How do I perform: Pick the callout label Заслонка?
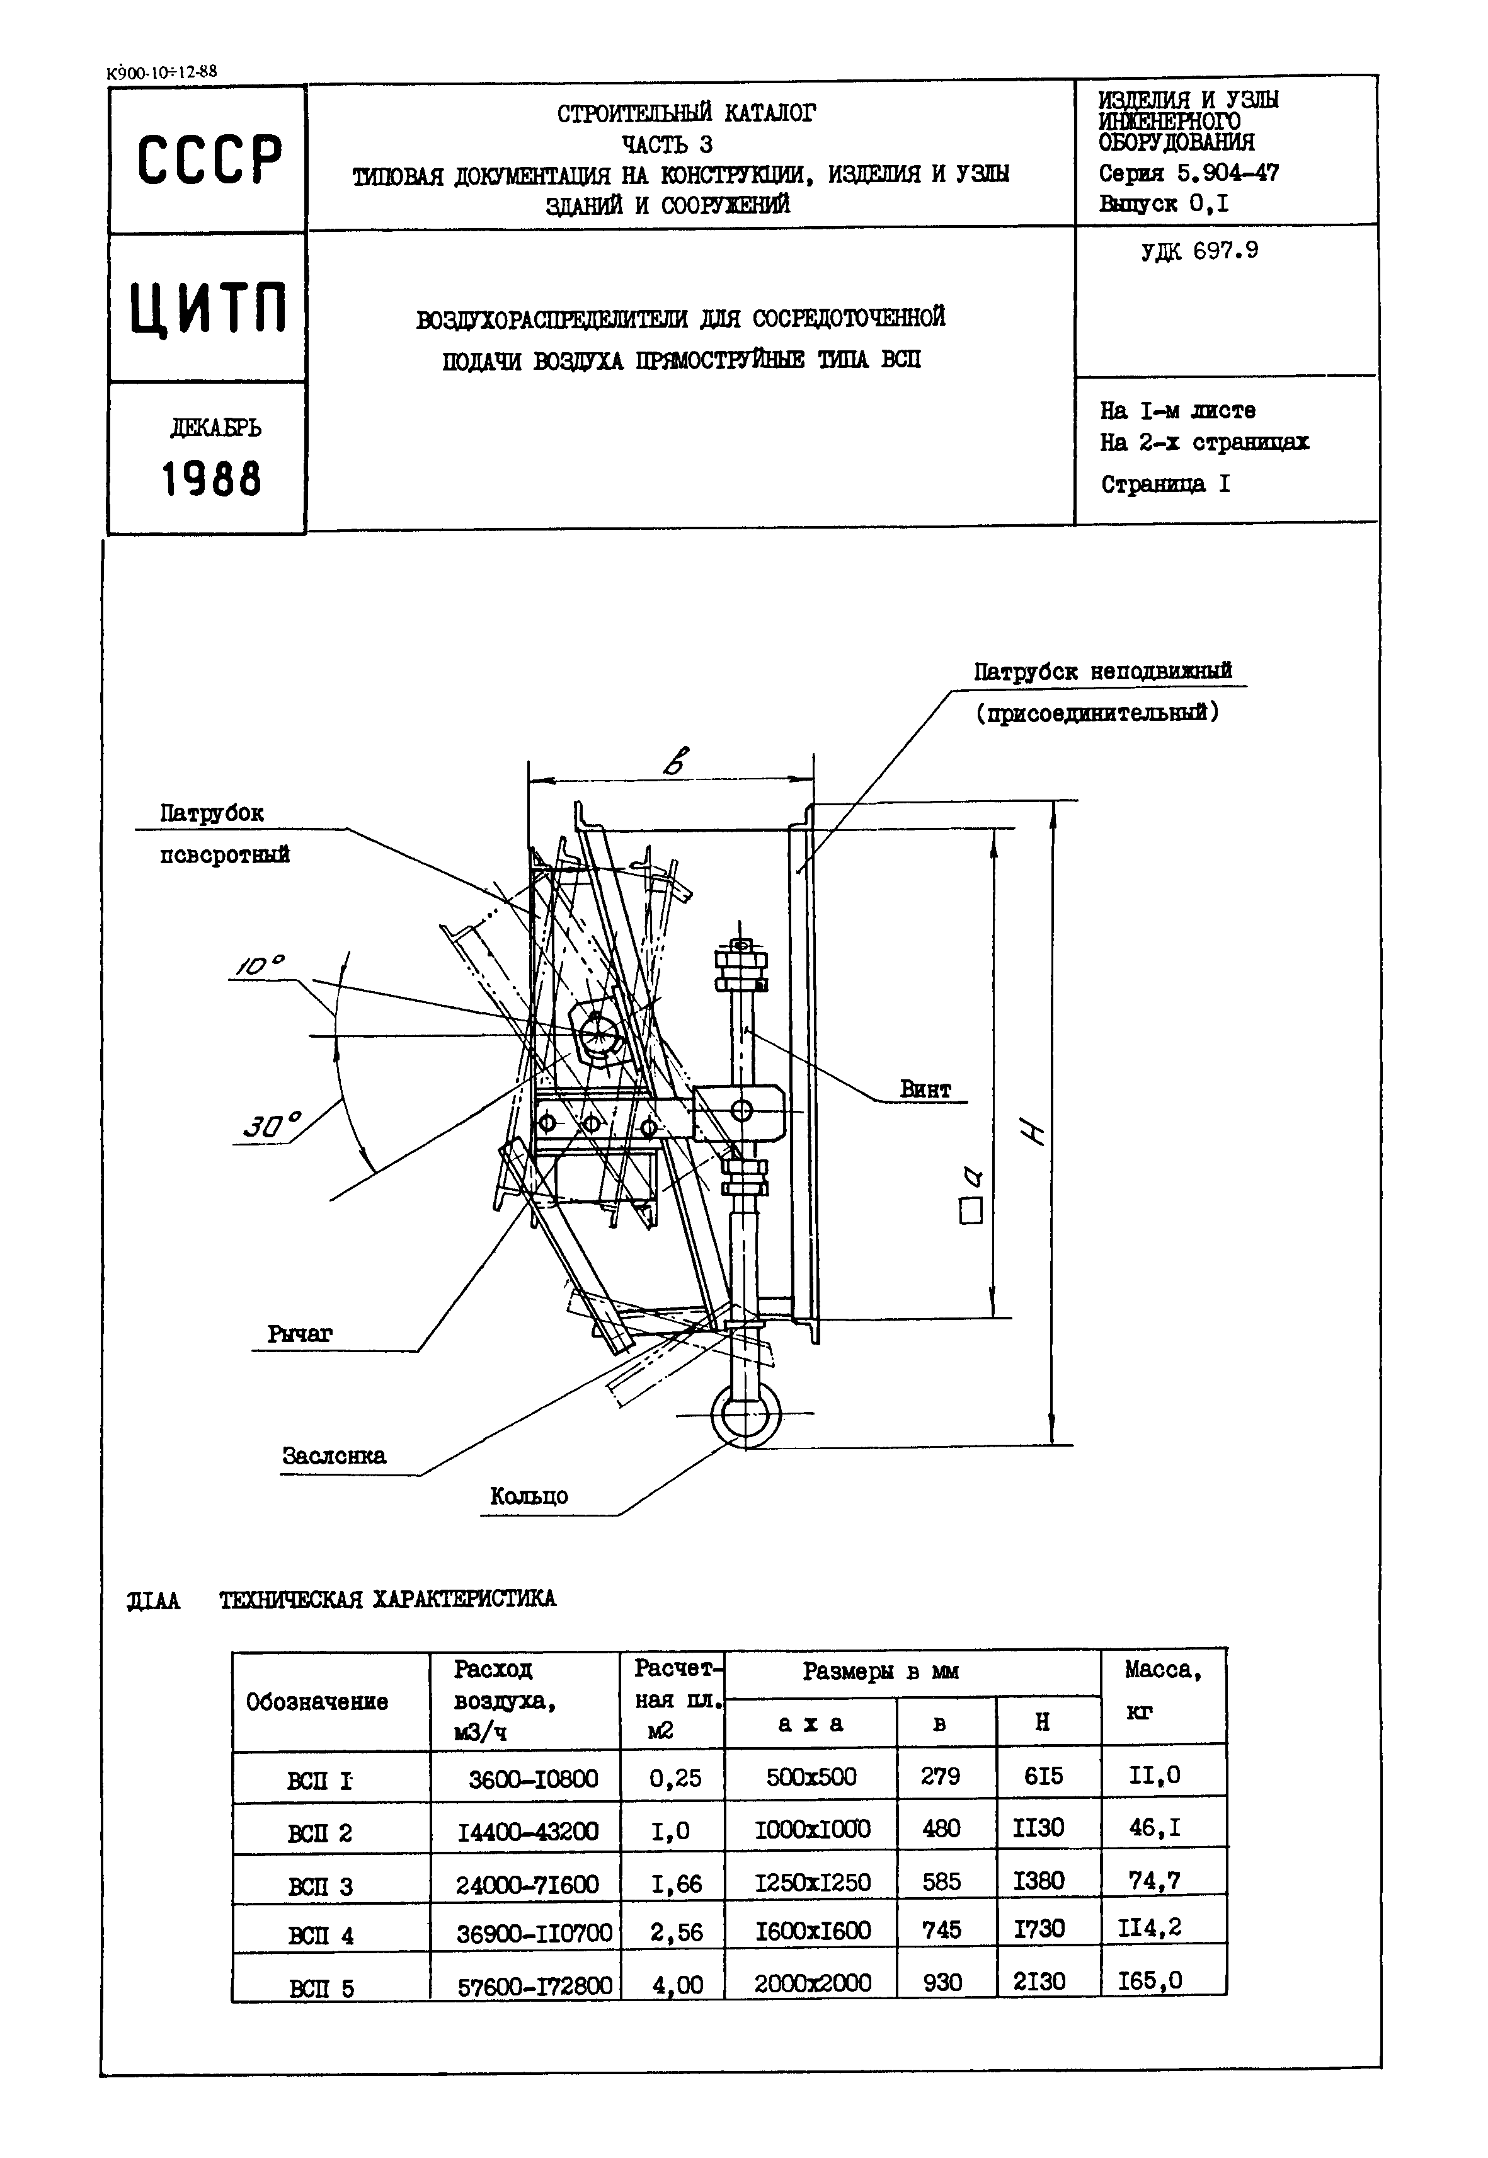[334, 1455]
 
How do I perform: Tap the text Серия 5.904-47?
[1189, 173]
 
